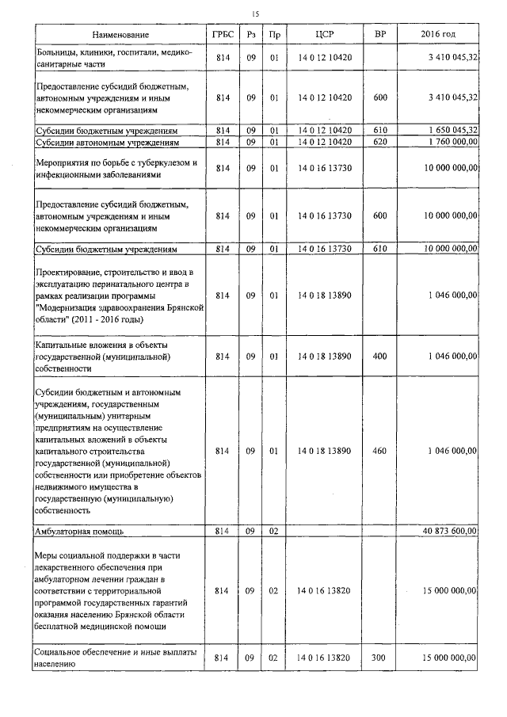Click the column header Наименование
coord(120,36)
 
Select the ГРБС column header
coord(222,36)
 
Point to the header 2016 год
coord(438,36)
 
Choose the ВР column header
coord(379,36)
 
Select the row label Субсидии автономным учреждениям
coord(106,143)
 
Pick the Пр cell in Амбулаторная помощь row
coord(274,530)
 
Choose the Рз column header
coord(250,36)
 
